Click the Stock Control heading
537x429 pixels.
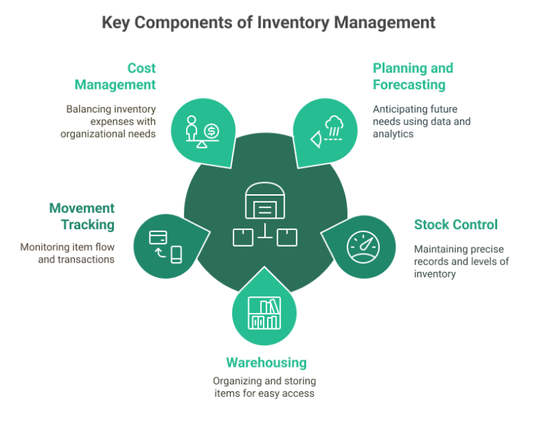coord(455,225)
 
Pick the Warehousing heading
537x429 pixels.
coord(266,363)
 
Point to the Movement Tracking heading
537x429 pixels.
coord(82,217)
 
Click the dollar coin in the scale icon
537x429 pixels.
coord(212,131)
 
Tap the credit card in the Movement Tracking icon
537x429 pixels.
coord(157,237)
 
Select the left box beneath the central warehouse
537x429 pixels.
coord(241,237)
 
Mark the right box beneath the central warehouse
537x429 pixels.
coord(287,237)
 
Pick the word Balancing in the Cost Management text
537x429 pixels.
coord(87,109)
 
